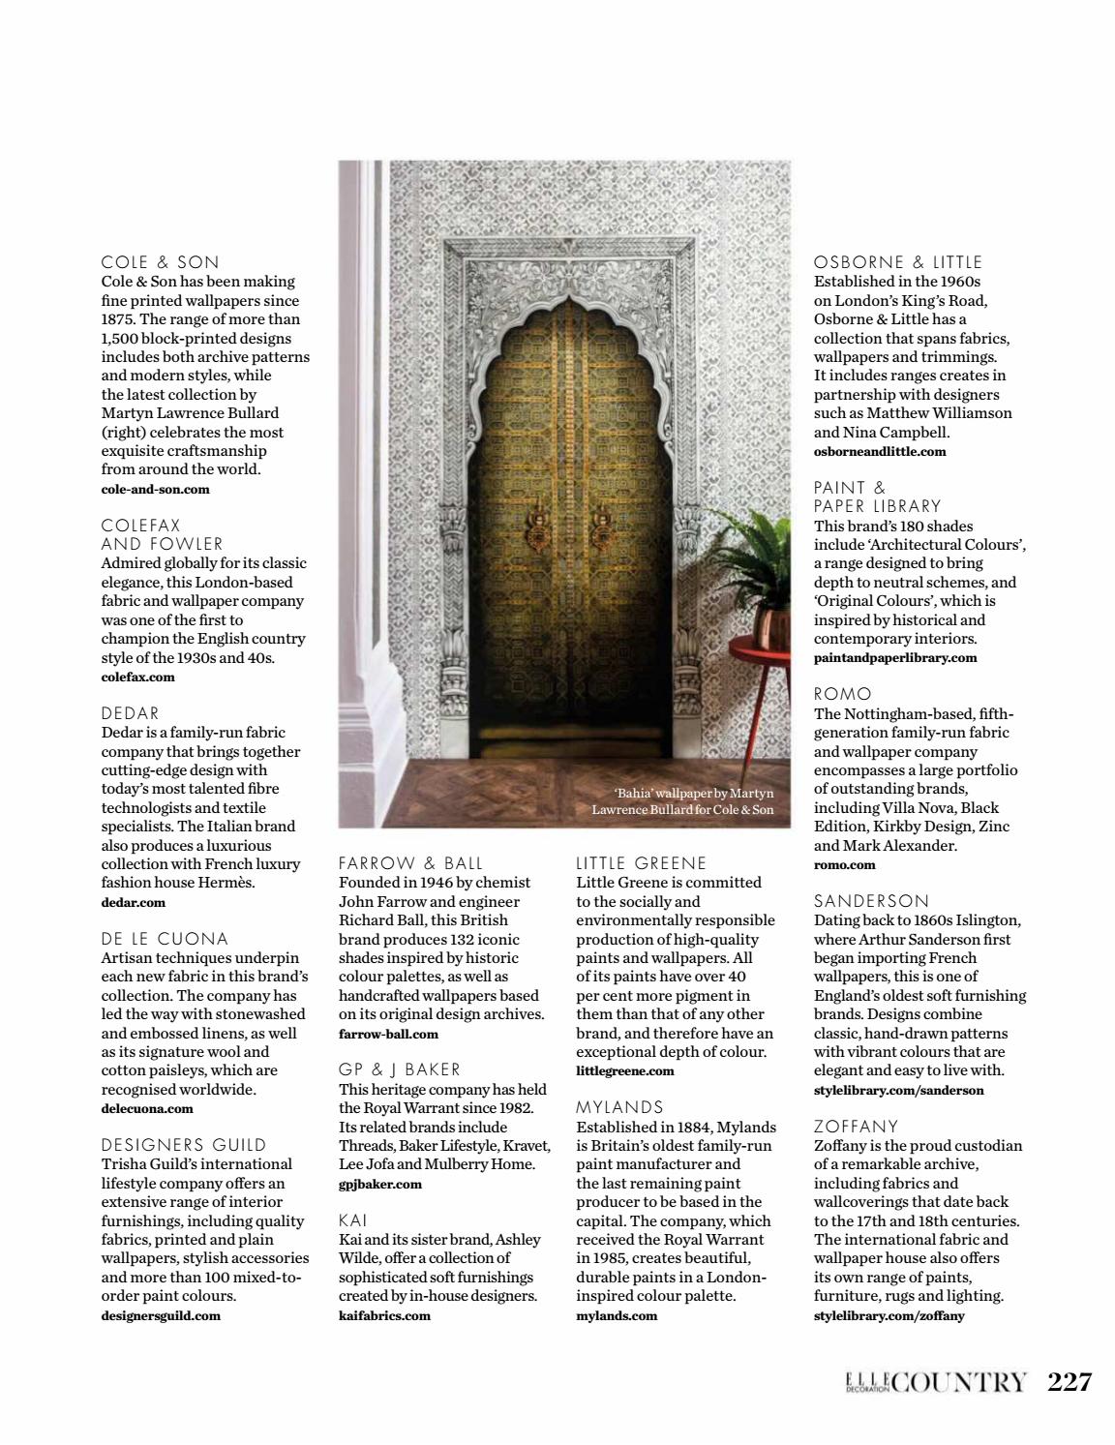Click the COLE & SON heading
point(161,262)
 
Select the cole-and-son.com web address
point(155,489)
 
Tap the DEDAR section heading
point(131,713)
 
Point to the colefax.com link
point(137,677)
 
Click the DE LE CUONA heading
point(165,939)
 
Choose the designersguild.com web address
point(161,1315)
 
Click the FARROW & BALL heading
point(410,863)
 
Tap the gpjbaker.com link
point(380,1184)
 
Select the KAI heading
point(353,1220)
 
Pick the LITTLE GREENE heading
point(642,863)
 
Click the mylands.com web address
point(617,1315)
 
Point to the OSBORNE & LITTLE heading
point(898,262)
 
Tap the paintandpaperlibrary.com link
point(895,657)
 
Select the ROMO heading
point(843,694)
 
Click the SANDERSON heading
point(871,901)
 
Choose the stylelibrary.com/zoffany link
point(889,1315)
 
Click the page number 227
point(1070,1381)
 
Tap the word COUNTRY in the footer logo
point(958,1382)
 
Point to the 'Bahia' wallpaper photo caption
point(683,801)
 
